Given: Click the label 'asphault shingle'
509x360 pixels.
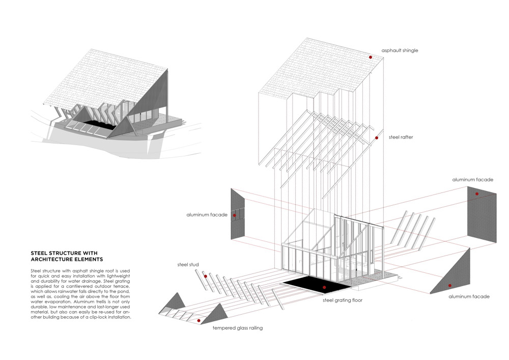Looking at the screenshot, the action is (x=400, y=51).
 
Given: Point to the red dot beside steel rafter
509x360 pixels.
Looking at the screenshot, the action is (x=377, y=138).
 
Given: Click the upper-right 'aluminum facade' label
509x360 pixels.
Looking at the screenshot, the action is (x=472, y=180).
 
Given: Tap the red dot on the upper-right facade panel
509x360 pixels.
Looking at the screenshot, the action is (x=477, y=194).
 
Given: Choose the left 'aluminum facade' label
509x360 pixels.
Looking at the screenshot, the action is (x=207, y=215).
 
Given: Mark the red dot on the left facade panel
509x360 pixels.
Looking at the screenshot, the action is (x=234, y=216).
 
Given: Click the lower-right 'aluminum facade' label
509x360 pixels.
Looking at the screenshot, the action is (x=469, y=296).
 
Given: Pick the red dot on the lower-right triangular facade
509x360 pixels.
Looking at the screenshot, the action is (x=449, y=286).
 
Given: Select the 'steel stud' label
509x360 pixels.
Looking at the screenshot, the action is (x=187, y=265).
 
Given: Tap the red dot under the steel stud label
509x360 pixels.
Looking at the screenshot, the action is (x=206, y=276).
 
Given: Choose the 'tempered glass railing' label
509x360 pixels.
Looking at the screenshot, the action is (x=238, y=328).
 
